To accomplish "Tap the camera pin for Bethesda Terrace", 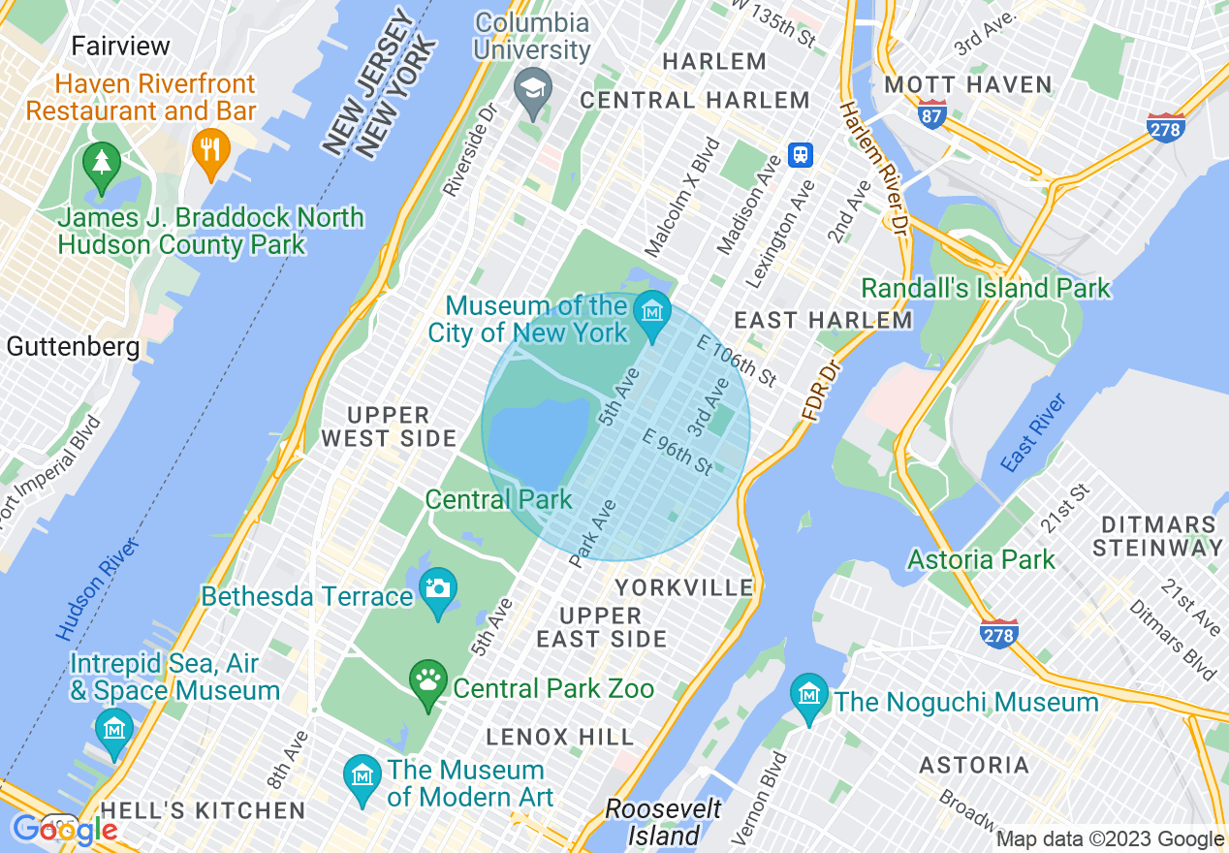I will coord(438,588).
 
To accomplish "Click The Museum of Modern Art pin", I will coord(362,776).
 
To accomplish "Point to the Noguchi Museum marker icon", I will coord(808,695).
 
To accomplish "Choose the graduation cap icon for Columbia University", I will coord(533,90).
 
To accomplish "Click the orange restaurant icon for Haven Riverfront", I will coord(209,150).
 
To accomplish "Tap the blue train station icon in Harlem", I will coord(801,154).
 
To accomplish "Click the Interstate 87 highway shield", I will coord(932,114).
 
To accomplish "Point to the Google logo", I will coord(65,830).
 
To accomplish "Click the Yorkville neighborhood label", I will coord(684,587).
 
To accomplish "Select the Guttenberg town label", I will coord(73,346).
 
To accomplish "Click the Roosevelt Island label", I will coord(664,822).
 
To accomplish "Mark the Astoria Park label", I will coord(981,559).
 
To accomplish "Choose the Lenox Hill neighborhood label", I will coord(560,737).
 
